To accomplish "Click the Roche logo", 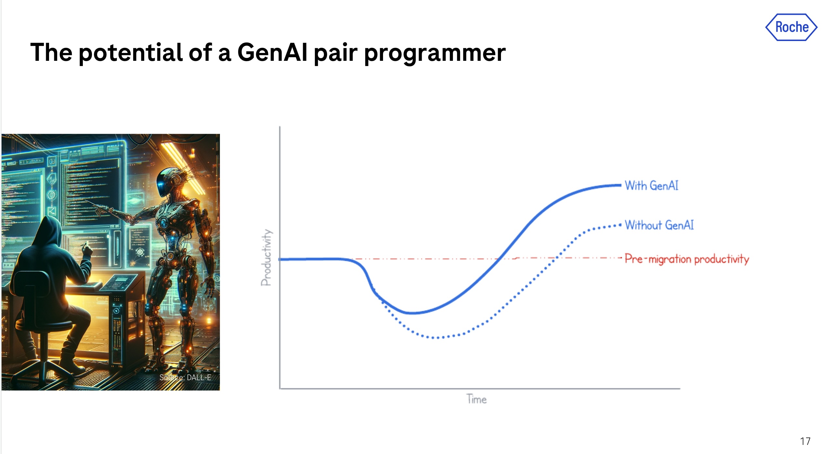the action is click(791, 27).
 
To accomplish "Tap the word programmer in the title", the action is click(435, 54).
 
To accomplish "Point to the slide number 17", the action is click(805, 441).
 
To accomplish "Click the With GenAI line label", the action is click(651, 185).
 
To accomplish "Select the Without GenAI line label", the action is click(659, 225).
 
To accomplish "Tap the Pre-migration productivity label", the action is click(687, 259).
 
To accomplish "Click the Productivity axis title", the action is click(266, 257).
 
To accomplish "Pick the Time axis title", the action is click(477, 399).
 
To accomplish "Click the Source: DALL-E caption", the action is click(185, 377).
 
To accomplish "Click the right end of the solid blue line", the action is click(621, 185).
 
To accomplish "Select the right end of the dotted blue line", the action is click(621, 225).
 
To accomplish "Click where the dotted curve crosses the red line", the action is click(557, 258).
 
